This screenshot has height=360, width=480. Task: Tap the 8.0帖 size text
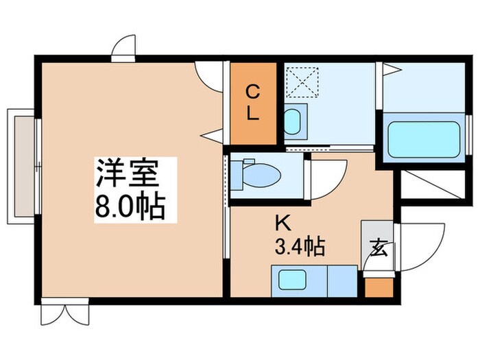[130, 205]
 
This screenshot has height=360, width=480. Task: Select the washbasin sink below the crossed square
[292, 122]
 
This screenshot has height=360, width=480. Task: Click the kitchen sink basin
[291, 280]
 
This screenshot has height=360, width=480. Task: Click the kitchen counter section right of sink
[341, 280]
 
